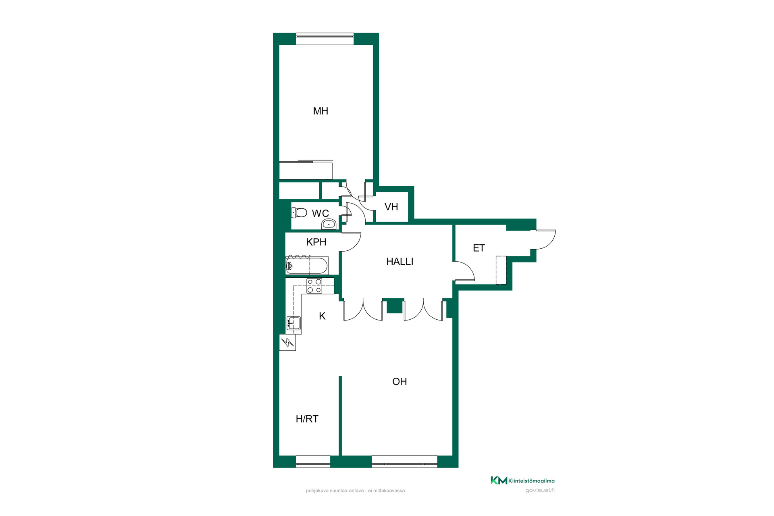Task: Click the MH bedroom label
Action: (320, 111)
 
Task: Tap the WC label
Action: (320, 213)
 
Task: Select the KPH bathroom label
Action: (316, 242)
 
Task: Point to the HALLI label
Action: (400, 262)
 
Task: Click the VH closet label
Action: (391, 207)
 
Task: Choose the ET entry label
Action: (479, 248)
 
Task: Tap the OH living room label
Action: (399, 381)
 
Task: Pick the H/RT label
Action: (307, 419)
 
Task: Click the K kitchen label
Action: (322, 316)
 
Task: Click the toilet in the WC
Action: (299, 212)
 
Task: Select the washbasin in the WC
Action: (329, 224)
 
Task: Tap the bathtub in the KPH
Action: (307, 266)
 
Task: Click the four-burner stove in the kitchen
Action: (314, 286)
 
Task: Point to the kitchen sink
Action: (293, 323)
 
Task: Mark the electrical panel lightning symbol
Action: (287, 343)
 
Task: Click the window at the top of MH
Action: (325, 39)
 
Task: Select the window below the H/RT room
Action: (313, 462)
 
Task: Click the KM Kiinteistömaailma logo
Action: (522, 481)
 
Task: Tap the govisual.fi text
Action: (540, 491)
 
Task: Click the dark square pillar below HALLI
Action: (395, 306)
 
